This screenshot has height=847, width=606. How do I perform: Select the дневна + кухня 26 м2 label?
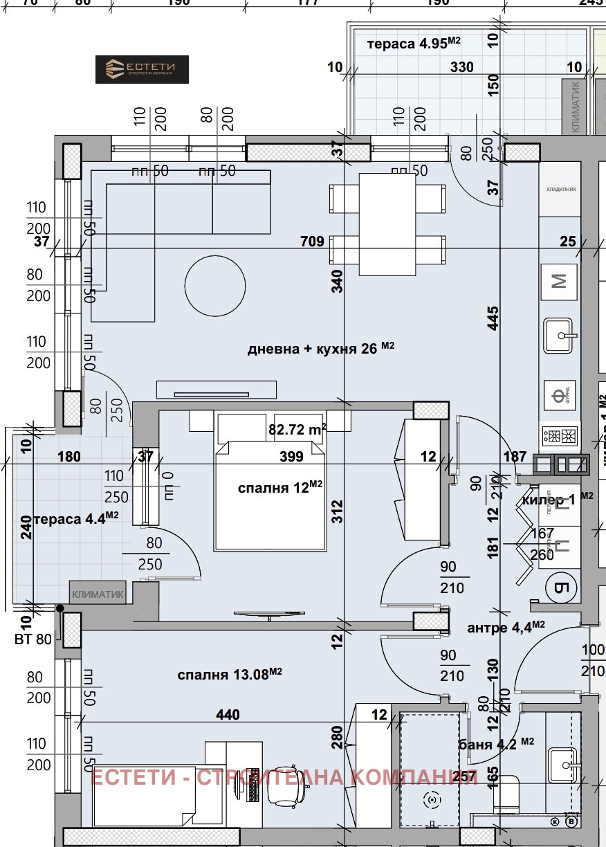[x=320, y=349]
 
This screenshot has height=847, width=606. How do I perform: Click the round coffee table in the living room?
[x=214, y=285]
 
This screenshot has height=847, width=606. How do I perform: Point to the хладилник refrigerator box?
[x=561, y=189]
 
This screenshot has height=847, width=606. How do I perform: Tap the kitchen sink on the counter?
[x=559, y=336]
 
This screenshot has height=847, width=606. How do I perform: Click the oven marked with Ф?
[x=559, y=396]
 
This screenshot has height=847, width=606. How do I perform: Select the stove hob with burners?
[x=559, y=436]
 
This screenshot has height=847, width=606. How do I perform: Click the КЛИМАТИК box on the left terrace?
[x=98, y=593]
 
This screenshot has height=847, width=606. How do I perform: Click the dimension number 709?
[x=312, y=242]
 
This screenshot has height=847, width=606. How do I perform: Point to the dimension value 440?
[x=228, y=714]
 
